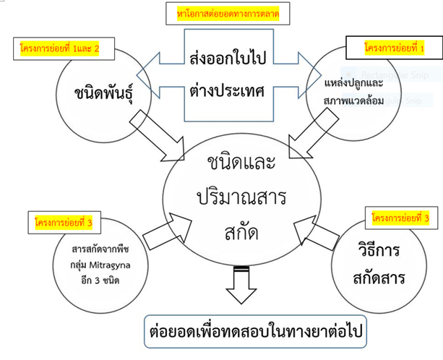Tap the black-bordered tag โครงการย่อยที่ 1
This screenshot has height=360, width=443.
pos(395,50)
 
